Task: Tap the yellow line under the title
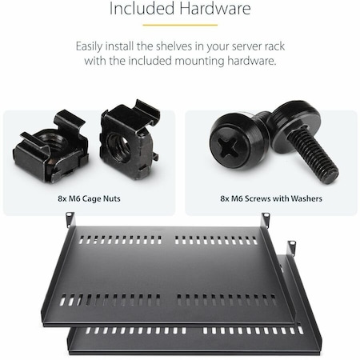point(180,24)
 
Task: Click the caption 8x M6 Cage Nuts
point(90,198)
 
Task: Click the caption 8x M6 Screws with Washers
point(270,198)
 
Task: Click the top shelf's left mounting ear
point(70,218)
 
